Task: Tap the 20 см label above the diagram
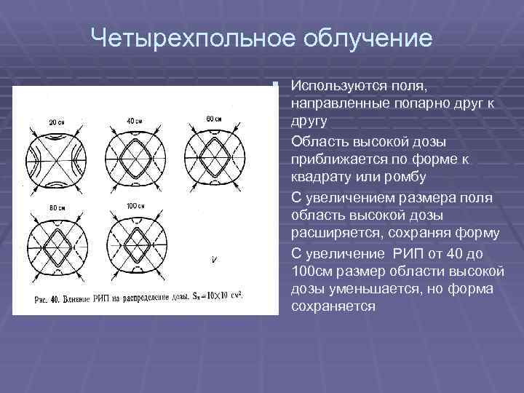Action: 56,122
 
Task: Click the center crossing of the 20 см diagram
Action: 57,158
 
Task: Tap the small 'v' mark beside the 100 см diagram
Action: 213,260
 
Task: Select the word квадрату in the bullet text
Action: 319,177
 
